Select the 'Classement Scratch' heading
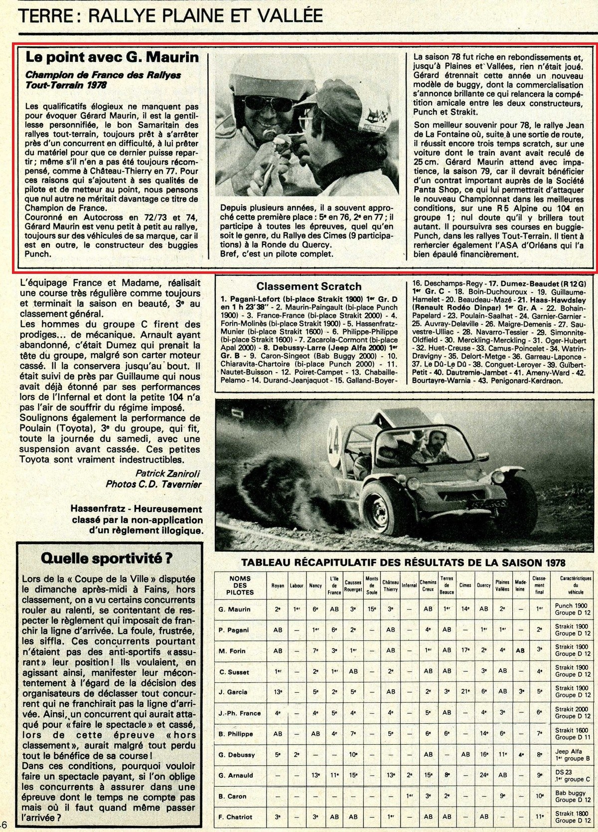point(308,286)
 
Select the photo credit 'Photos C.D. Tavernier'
point(153,484)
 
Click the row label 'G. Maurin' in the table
point(234,609)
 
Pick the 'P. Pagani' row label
point(234,630)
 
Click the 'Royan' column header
point(278,585)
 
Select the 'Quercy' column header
point(483,585)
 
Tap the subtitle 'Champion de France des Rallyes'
point(103,75)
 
